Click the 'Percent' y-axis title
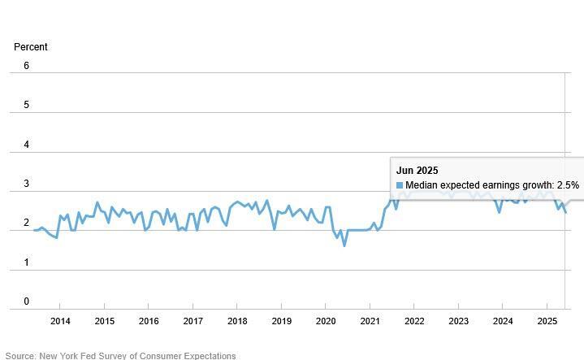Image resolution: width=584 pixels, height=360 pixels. click(x=31, y=47)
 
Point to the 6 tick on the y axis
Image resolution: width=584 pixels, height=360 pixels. click(x=26, y=66)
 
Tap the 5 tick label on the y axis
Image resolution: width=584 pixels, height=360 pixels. click(x=26, y=105)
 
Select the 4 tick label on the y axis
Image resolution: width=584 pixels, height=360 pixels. click(x=26, y=145)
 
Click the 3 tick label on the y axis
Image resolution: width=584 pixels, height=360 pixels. click(x=26, y=184)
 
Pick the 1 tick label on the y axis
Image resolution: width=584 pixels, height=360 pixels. click(x=26, y=262)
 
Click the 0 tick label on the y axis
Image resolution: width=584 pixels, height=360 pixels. click(x=26, y=301)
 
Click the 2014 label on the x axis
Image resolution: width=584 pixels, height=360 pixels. click(x=60, y=321)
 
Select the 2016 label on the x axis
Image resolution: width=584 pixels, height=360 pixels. click(x=149, y=321)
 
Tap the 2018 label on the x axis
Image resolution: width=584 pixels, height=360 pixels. click(x=237, y=321)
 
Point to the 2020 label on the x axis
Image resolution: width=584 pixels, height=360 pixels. click(x=325, y=321)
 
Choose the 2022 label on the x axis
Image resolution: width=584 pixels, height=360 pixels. click(x=413, y=321)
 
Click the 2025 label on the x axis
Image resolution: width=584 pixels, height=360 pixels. click(x=547, y=321)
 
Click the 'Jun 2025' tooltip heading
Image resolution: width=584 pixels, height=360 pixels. click(x=417, y=171)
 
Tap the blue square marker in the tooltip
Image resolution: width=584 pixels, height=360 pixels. click(x=400, y=185)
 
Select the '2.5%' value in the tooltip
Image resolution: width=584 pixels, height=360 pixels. click(x=568, y=185)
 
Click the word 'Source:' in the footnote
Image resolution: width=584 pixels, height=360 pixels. click(x=22, y=356)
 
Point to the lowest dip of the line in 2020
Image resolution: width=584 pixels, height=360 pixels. click(x=344, y=245)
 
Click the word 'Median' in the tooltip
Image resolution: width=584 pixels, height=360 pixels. click(x=422, y=185)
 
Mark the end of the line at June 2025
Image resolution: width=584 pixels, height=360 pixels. click(x=565, y=212)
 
